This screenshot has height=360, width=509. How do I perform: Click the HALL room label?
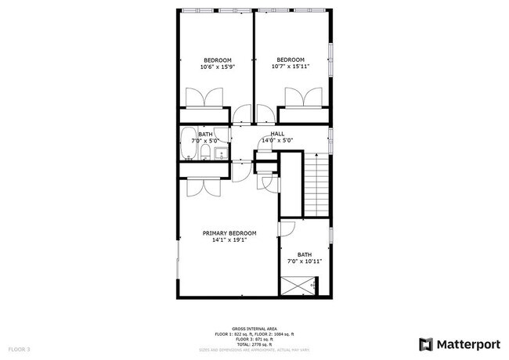[277, 134]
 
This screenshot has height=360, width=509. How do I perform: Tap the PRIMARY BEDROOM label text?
[229, 233]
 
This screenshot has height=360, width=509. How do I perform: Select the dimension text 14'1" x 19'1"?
[229, 240]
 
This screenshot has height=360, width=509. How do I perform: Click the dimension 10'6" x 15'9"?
[218, 67]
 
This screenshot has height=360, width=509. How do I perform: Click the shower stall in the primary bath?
[298, 286]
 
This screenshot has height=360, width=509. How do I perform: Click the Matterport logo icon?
[426, 344]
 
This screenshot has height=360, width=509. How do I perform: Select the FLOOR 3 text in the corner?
[19, 349]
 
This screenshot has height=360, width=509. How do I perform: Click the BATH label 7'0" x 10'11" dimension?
[305, 261]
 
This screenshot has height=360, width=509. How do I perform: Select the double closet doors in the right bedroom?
[304, 99]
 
